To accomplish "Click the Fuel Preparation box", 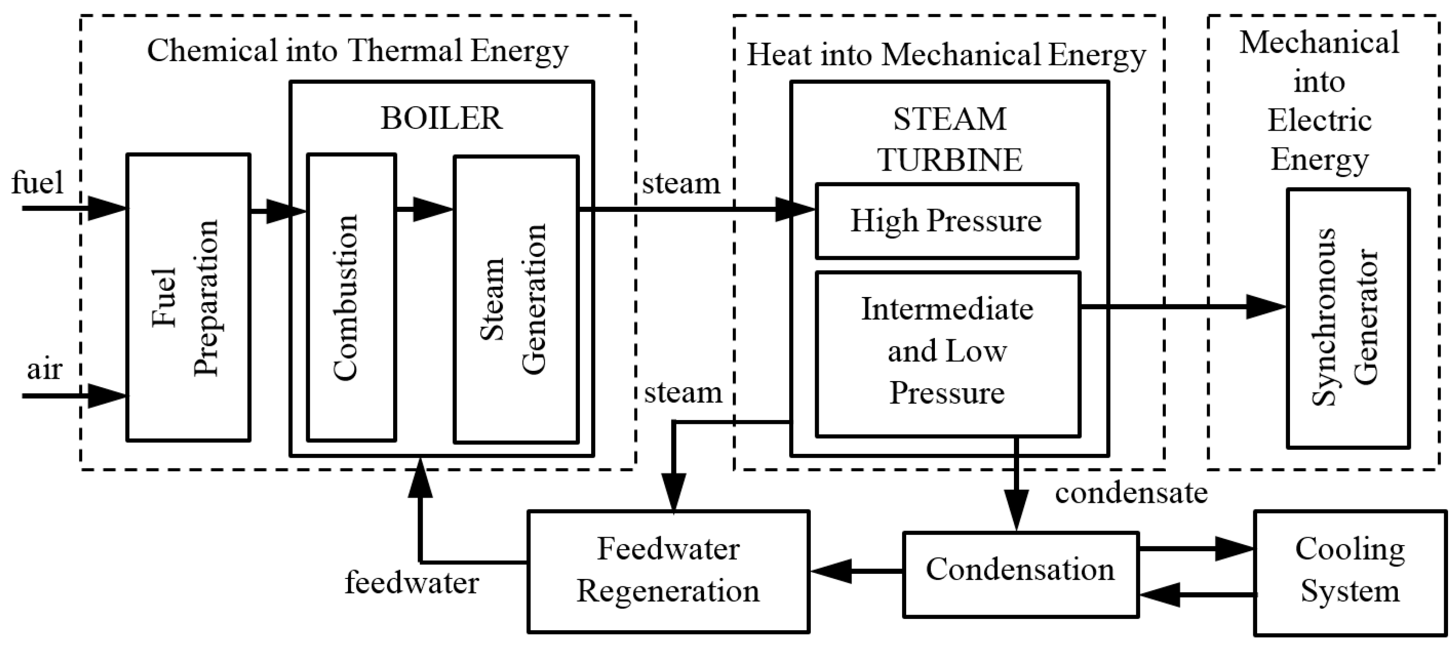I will pos(188,298).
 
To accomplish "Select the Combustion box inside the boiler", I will pos(351,298).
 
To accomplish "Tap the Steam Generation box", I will pos(515,299).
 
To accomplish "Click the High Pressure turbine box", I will pos(947,221).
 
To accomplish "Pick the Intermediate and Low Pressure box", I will pos(948,354).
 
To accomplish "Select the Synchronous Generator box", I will pos(1348,318).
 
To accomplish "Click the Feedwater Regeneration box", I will pos(668,571).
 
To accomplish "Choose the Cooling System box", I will pos(1350,572).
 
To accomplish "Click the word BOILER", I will pos(442,118).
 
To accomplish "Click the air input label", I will pos(44,370).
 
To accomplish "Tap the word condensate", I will pos(1131,492).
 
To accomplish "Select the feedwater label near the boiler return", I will pos(411,583).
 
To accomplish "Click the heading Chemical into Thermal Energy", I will pos(357,51).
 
